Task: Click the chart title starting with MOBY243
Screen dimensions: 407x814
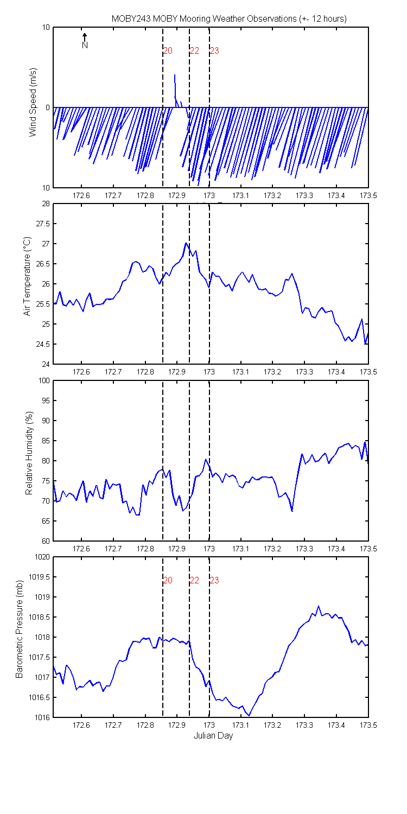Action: (229, 18)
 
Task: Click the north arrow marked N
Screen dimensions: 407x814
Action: (85, 41)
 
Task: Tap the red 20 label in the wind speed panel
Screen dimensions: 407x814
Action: (168, 50)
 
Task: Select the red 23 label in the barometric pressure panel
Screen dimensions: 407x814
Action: (214, 580)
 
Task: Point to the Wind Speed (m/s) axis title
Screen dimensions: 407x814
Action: (33, 102)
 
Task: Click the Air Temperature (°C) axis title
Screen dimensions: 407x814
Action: (27, 276)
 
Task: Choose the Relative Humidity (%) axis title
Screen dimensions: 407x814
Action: (29, 453)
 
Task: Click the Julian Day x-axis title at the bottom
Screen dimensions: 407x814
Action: (213, 735)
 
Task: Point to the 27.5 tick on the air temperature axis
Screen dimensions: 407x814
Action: (43, 224)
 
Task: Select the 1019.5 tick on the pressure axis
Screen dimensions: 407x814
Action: (39, 577)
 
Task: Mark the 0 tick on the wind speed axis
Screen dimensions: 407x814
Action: (48, 107)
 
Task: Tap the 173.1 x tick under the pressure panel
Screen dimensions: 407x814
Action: (240, 725)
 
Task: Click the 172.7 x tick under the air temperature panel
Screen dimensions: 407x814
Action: (113, 372)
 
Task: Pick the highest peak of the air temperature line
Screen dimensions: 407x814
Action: (186, 243)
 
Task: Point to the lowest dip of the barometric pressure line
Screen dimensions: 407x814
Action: (249, 715)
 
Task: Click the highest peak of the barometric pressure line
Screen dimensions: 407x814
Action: (319, 606)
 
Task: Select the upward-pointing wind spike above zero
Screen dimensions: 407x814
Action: (175, 91)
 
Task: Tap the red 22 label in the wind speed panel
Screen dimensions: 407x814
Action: (194, 50)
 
